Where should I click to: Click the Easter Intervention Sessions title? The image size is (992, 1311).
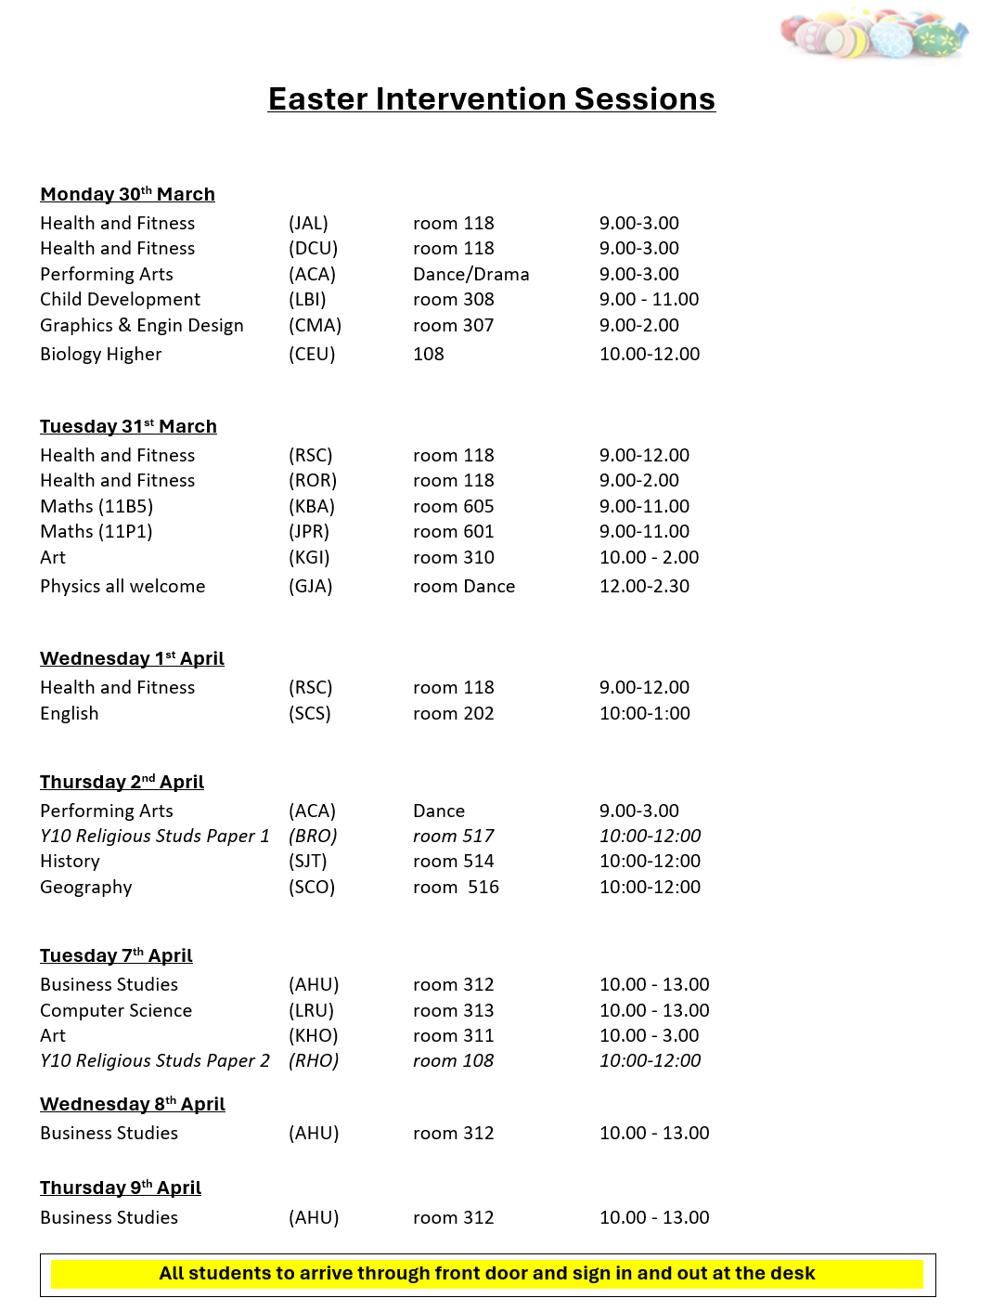click(491, 99)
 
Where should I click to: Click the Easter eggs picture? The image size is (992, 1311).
click(873, 35)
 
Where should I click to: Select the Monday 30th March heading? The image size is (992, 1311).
click(127, 194)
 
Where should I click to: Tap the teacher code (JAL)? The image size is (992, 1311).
click(308, 223)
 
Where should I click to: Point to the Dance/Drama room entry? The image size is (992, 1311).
click(470, 274)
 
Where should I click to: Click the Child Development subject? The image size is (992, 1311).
click(120, 299)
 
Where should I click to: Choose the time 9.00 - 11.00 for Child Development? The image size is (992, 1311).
click(649, 299)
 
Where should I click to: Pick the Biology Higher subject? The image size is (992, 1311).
click(100, 354)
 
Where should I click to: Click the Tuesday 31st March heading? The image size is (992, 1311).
click(128, 426)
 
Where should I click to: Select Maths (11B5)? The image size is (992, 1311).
click(97, 506)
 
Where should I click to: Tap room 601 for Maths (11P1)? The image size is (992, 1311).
click(453, 531)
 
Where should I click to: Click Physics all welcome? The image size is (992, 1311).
click(122, 586)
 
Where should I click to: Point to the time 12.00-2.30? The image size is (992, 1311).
click(644, 586)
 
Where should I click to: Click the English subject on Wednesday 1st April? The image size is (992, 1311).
click(69, 713)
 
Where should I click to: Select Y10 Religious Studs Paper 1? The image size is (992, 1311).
click(154, 836)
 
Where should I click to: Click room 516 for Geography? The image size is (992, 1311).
click(456, 887)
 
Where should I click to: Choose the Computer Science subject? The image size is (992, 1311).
click(116, 1010)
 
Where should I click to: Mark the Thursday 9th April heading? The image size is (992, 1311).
click(121, 1188)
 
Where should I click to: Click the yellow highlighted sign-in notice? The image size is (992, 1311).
click(487, 1274)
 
